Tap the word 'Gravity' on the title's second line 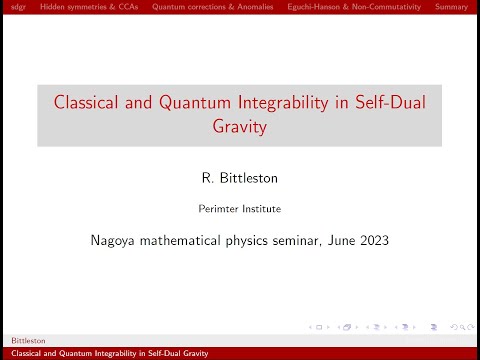[x=240, y=128]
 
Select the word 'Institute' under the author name [x=261, y=209]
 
